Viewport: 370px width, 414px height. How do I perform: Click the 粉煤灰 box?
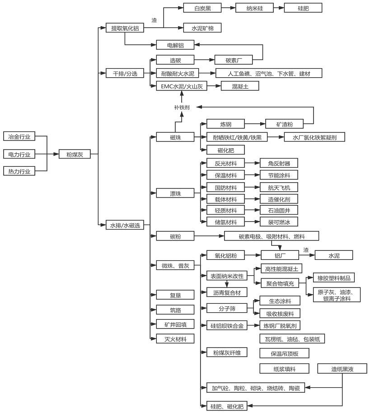click(x=75, y=155)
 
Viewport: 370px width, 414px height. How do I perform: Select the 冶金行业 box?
click(x=19, y=136)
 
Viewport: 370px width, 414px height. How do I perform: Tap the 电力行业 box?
click(x=19, y=155)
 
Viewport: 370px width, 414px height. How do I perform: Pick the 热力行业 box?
click(x=19, y=171)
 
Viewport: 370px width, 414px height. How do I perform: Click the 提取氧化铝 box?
click(x=125, y=28)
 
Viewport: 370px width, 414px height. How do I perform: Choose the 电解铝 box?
click(x=175, y=45)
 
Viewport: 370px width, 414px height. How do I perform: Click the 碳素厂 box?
click(x=233, y=60)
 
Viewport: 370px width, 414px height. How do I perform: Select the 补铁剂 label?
click(x=182, y=107)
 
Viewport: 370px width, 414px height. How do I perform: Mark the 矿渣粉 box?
click(x=284, y=124)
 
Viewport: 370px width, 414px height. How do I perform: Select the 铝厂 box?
click(x=280, y=255)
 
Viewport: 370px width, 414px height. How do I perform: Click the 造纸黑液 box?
click(x=342, y=369)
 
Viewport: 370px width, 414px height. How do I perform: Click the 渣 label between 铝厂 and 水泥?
click(x=306, y=250)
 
